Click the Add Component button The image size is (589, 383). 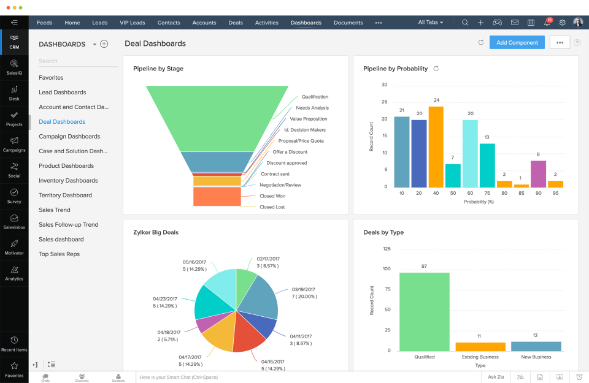click(x=517, y=42)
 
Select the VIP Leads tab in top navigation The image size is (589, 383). click(x=133, y=23)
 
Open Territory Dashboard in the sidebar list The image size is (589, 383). click(x=65, y=195)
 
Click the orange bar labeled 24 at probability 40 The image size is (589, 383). click(x=436, y=147)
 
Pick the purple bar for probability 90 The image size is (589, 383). click(x=538, y=173)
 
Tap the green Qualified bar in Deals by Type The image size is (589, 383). click(x=424, y=311)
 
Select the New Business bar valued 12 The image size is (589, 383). click(x=536, y=346)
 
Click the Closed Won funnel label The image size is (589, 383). click(x=272, y=196)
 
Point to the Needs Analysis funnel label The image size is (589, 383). click(x=312, y=108)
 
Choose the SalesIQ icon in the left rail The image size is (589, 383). click(x=14, y=66)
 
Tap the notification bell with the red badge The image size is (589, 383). click(x=547, y=23)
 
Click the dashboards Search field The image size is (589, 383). click(x=78, y=61)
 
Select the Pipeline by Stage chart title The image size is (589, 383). click(x=158, y=69)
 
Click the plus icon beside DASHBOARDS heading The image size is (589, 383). click(x=104, y=44)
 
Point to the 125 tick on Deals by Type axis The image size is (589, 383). click(x=387, y=249)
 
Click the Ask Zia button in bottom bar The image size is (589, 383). click(x=496, y=377)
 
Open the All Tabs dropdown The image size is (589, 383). click(x=430, y=23)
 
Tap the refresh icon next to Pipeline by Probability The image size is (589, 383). click(x=436, y=69)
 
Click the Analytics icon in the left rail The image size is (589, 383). click(x=14, y=272)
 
